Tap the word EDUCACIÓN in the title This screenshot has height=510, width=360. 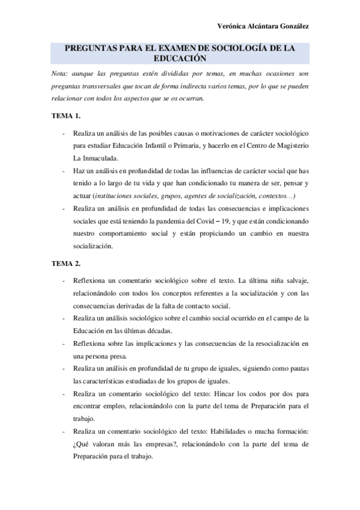point(180,59)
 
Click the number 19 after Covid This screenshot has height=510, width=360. point(253,221)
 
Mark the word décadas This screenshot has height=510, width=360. point(157,331)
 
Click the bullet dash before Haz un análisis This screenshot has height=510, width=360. point(63,171)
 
